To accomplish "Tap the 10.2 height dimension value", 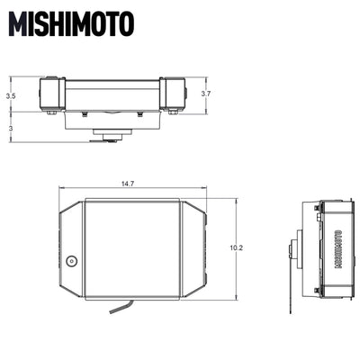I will tap(237, 246).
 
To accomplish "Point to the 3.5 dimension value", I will tap(10, 94).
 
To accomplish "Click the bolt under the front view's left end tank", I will tap(51, 113).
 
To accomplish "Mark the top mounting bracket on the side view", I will tap(318, 207).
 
